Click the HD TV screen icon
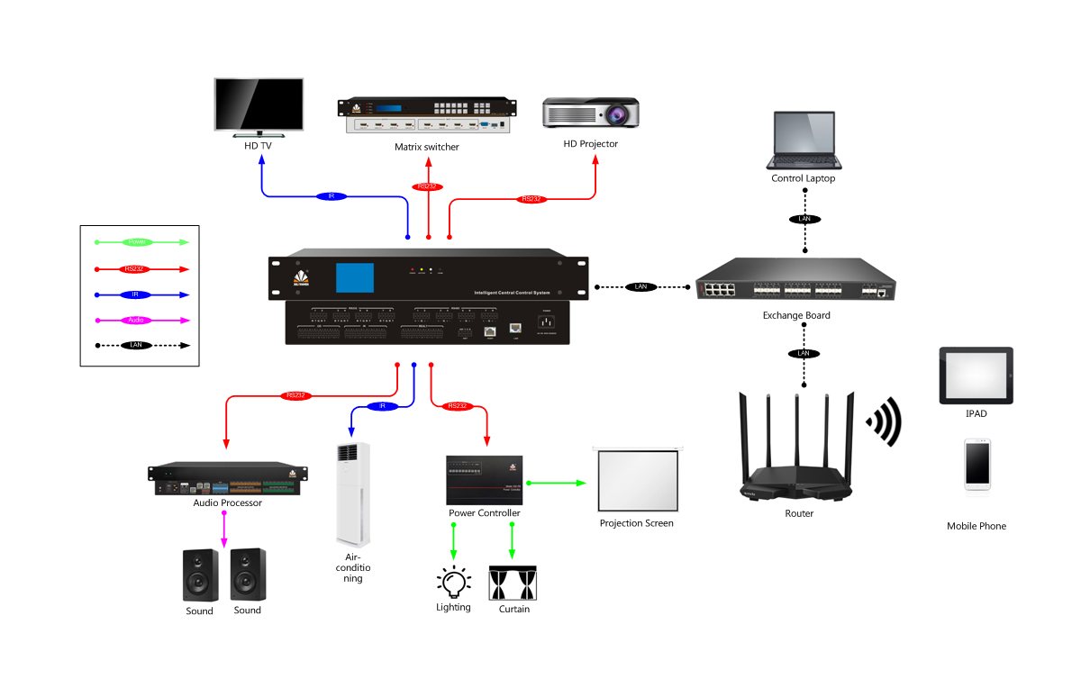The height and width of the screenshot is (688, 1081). click(x=259, y=105)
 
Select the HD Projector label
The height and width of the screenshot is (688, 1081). click(x=591, y=144)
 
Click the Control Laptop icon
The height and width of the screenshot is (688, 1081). click(x=804, y=142)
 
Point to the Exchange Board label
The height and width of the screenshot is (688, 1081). click(x=796, y=316)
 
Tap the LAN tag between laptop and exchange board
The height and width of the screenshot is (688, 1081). click(x=804, y=220)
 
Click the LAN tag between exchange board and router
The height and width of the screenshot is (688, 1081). click(x=804, y=353)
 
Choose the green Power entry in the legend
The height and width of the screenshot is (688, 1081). click(x=137, y=242)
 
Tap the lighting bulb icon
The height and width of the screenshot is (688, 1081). click(x=453, y=582)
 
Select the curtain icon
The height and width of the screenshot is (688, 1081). click(x=513, y=584)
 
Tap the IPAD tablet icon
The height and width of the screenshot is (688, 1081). click(x=976, y=376)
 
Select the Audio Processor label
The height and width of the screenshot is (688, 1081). click(x=228, y=503)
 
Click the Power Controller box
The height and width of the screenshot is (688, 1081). click(x=485, y=480)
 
